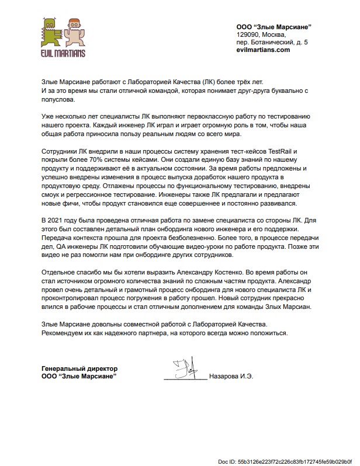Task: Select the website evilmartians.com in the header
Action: (x=263, y=51)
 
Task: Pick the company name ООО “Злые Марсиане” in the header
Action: (x=273, y=26)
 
